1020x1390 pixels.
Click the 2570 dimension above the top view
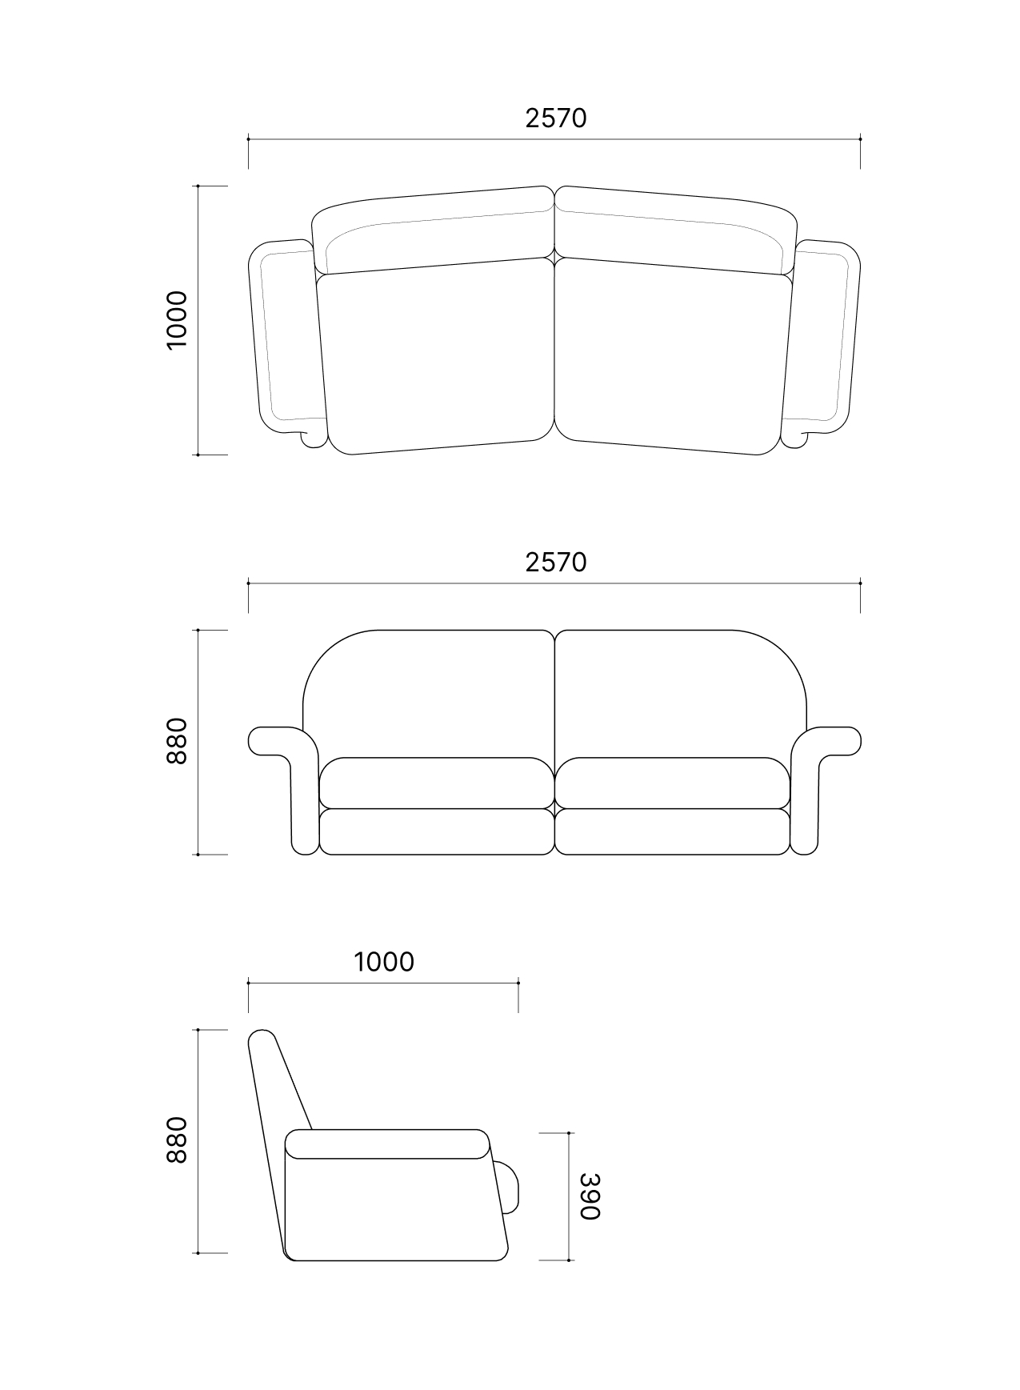click(x=556, y=118)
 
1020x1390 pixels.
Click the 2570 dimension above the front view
click(x=556, y=563)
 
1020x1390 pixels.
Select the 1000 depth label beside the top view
click(x=176, y=320)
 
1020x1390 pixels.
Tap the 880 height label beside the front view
click(x=176, y=741)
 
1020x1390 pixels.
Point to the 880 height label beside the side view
click(x=176, y=1140)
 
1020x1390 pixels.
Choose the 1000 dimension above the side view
click(x=384, y=962)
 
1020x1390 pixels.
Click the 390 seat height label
click(x=590, y=1196)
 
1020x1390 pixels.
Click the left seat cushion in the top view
click(x=436, y=356)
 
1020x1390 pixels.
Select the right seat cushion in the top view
click(x=674, y=356)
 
